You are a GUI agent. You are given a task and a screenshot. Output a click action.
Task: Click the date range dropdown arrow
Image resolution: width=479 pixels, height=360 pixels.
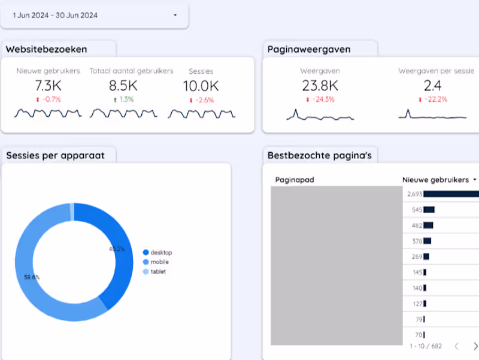click(x=175, y=16)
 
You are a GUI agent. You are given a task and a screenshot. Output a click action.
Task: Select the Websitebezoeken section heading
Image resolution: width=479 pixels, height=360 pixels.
click(x=47, y=49)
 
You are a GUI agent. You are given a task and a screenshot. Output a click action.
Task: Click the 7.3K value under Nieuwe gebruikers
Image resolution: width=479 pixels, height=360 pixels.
click(x=48, y=86)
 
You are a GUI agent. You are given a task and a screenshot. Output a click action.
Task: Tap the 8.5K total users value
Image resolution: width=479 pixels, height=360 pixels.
click(x=123, y=86)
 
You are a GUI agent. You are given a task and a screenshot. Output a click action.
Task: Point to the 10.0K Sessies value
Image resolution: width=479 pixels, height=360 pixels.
click(x=201, y=86)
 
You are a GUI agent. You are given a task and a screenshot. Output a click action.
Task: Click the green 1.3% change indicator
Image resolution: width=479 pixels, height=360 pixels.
click(x=123, y=99)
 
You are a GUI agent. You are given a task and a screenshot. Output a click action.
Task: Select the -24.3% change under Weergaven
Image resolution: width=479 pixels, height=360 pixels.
click(x=320, y=99)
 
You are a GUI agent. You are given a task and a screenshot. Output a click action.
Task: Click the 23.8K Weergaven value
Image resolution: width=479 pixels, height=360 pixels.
click(x=320, y=86)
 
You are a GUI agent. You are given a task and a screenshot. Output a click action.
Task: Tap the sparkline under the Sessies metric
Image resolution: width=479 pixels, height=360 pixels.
click(x=201, y=114)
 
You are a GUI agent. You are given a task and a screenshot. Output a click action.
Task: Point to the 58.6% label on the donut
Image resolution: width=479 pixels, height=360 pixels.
click(x=32, y=277)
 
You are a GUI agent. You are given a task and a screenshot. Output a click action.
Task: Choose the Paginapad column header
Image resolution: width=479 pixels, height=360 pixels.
click(x=295, y=180)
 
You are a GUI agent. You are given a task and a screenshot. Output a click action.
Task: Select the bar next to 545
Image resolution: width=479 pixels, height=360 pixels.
click(x=429, y=210)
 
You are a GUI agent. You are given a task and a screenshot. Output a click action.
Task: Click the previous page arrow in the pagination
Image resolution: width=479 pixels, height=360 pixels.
click(x=456, y=346)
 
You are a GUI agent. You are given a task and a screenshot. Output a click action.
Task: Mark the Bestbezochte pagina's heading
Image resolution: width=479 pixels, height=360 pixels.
click(x=320, y=156)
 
